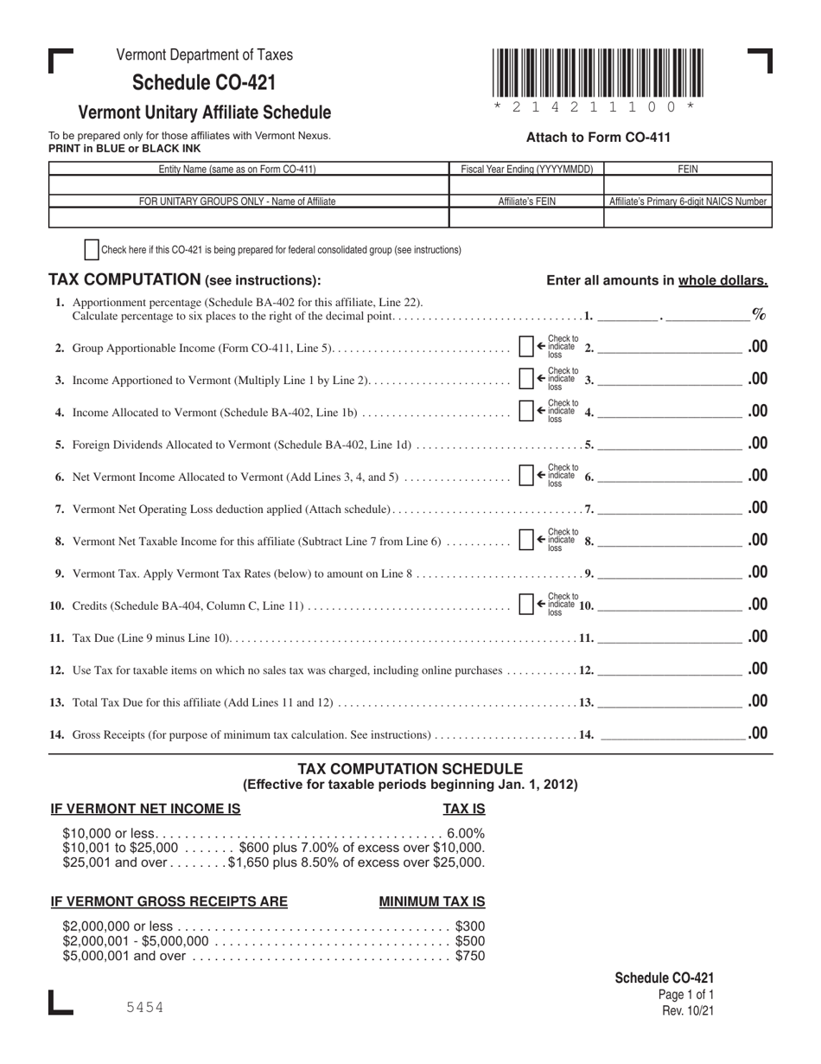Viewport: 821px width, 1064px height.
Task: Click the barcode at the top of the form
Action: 598,74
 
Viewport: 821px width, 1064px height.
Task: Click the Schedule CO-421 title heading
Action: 204,83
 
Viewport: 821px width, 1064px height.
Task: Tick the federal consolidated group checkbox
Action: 92,250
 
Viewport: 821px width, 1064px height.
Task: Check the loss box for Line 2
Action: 525,347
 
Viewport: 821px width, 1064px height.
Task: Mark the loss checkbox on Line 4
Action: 525,411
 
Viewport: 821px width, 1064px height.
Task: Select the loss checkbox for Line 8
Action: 525,541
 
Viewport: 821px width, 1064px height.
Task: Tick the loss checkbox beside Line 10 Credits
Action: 525,605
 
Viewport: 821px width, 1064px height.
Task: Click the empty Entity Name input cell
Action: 249,185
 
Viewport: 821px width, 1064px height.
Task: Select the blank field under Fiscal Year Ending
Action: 526,185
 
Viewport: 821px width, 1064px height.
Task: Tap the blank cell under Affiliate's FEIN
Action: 526,218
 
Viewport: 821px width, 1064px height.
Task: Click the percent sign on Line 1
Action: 759,314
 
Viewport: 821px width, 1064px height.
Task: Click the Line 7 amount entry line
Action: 670,508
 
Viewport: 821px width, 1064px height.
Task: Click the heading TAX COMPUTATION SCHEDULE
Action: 410,769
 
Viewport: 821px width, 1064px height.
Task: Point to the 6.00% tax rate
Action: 465,833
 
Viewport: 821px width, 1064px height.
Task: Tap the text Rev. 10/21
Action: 688,1010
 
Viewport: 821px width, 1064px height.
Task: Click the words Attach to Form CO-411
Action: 598,137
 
